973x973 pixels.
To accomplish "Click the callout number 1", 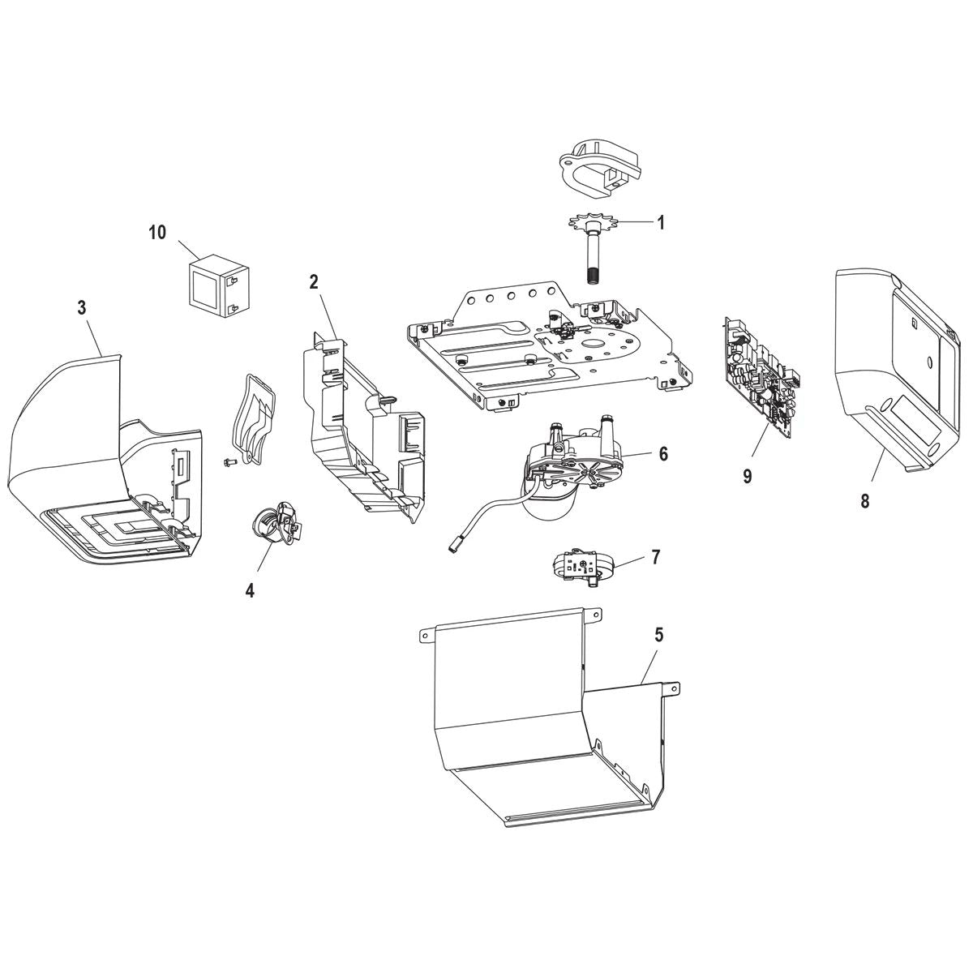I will point(661,222).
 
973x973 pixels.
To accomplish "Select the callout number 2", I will point(314,282).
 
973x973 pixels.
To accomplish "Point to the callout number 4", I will point(250,590).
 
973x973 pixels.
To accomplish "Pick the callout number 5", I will point(658,635).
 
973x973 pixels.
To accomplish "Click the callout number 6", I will point(663,454).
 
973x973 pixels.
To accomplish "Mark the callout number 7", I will point(655,557).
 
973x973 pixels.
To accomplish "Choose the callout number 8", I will point(864,501).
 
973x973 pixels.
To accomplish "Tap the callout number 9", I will point(747,476).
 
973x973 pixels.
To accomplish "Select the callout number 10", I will point(156,233).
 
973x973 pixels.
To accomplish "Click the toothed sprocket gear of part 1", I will point(589,224).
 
